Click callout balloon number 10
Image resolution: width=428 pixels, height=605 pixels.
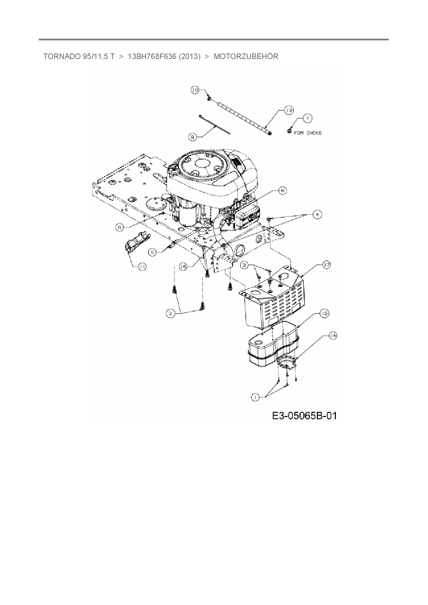tap(195, 90)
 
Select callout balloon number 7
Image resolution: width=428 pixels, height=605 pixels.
tap(307, 118)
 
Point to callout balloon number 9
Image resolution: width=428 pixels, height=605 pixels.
tap(193, 137)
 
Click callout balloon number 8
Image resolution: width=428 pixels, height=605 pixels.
tap(283, 190)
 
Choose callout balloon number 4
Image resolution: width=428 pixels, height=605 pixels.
tap(317, 215)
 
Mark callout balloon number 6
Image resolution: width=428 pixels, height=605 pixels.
tap(119, 227)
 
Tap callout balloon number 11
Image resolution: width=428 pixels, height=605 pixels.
tap(142, 267)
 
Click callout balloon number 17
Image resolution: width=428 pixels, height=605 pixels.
tap(326, 265)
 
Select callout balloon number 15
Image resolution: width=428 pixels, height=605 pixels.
tap(324, 314)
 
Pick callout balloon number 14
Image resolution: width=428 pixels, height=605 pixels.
tap(332, 336)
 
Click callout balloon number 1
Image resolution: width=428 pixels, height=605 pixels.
tap(255, 397)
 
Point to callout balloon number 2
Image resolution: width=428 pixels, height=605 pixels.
tap(170, 313)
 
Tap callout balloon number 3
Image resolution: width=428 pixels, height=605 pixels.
tap(245, 265)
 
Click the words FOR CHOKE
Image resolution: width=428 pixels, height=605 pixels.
tap(308, 133)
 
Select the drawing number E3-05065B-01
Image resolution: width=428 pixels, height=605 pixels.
tap(304, 416)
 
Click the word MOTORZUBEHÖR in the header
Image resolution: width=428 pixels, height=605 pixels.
tap(246, 57)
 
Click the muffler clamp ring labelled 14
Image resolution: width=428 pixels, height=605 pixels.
tap(287, 362)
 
